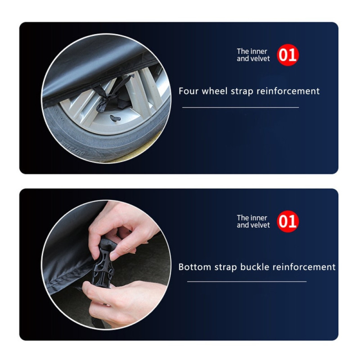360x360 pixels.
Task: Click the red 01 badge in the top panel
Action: click(x=288, y=55)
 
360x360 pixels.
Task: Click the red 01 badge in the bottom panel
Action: click(x=288, y=221)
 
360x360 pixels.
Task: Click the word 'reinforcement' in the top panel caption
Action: click(x=288, y=91)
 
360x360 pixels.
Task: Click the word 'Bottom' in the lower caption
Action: click(x=194, y=267)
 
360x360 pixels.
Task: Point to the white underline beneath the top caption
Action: click(x=240, y=108)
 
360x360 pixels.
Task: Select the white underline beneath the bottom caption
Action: click(x=247, y=282)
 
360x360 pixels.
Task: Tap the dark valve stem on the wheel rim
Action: click(x=114, y=118)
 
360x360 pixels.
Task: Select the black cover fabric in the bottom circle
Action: click(x=67, y=252)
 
